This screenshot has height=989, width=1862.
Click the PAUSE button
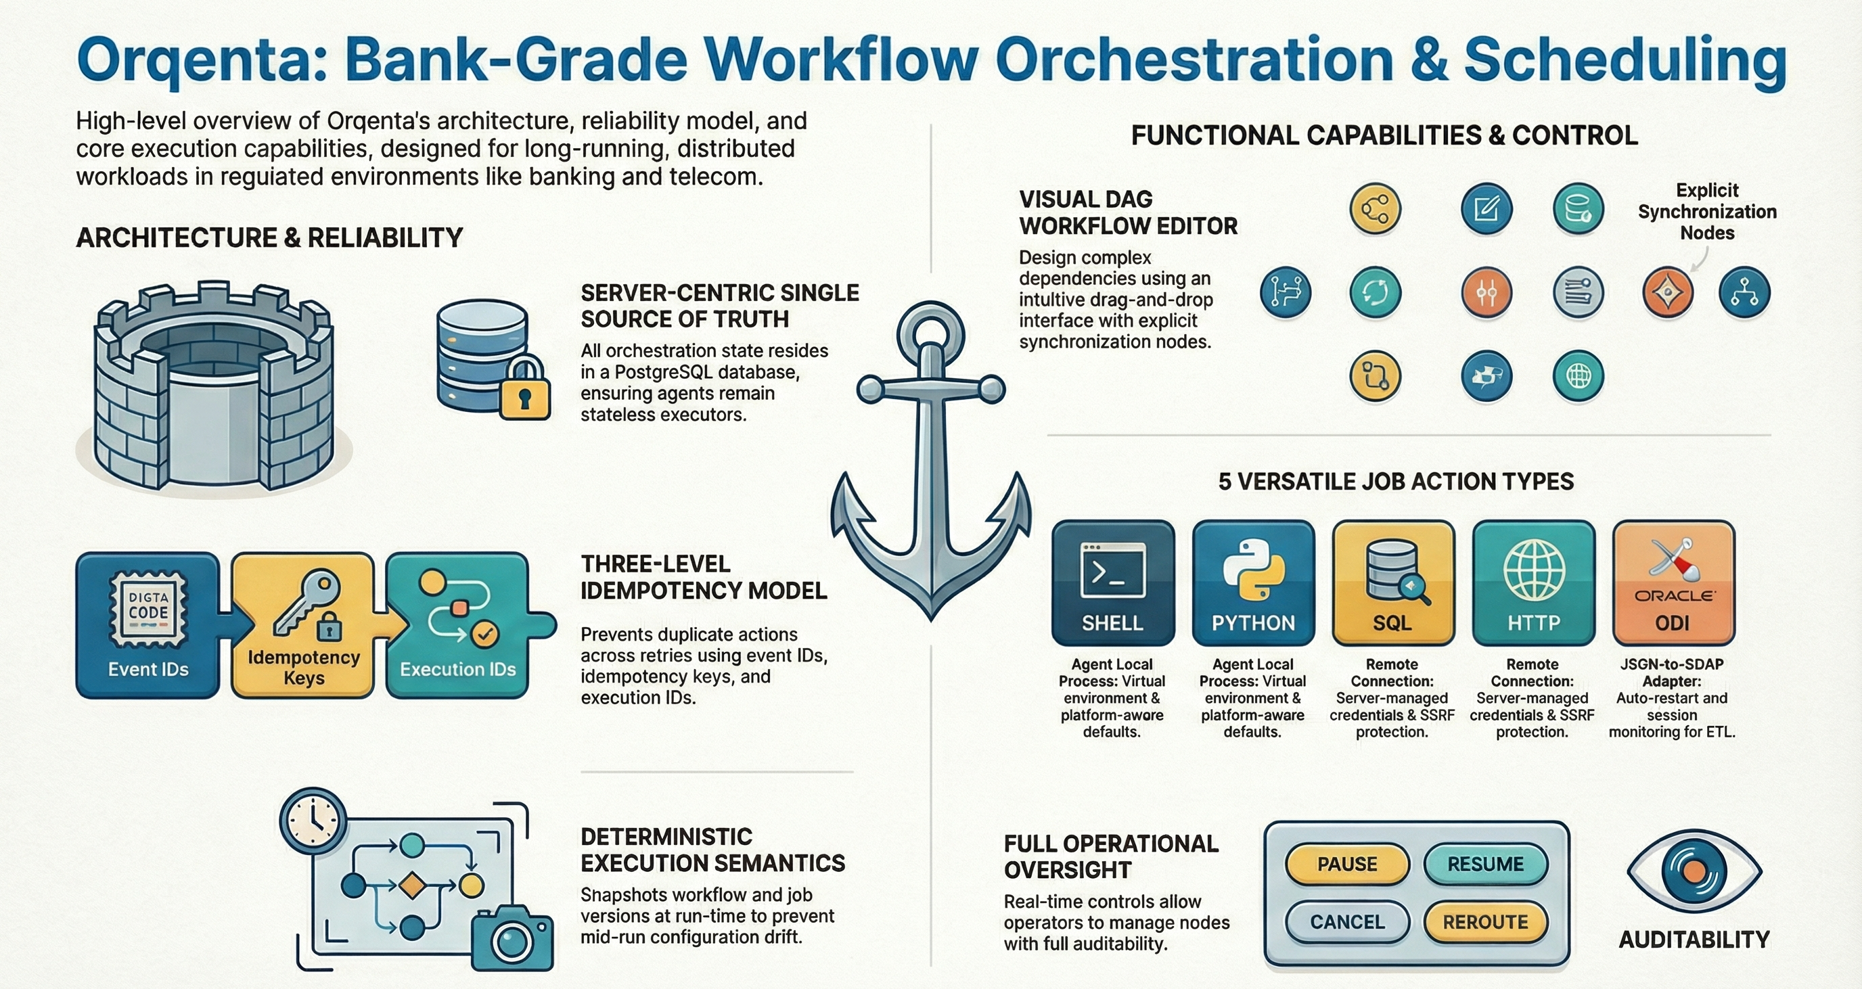pyautogui.click(x=1346, y=864)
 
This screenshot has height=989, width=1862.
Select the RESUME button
pyautogui.click(x=1485, y=864)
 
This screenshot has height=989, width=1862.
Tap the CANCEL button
pyautogui.click(x=1347, y=922)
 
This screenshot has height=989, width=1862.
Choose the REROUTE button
pyautogui.click(x=1485, y=922)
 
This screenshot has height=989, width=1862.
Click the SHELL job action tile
pyautogui.click(x=1112, y=582)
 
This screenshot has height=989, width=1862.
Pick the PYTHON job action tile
pyautogui.click(x=1252, y=582)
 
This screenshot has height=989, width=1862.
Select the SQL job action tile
pyautogui.click(x=1393, y=582)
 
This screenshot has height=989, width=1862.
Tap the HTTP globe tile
pyautogui.click(x=1533, y=582)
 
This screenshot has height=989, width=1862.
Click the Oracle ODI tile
pyautogui.click(x=1673, y=582)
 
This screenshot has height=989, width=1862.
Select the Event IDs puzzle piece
pyautogui.click(x=148, y=625)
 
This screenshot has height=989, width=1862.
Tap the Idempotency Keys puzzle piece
pyautogui.click(x=304, y=625)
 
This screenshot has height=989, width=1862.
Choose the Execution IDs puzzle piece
pyautogui.click(x=458, y=625)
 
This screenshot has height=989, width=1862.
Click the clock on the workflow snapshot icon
pyautogui.click(x=313, y=821)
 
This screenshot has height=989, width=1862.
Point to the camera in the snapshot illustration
pyautogui.click(x=512, y=938)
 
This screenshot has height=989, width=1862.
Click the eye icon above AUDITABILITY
pyautogui.click(x=1694, y=872)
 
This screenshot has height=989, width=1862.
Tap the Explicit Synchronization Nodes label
pyautogui.click(x=1706, y=211)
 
